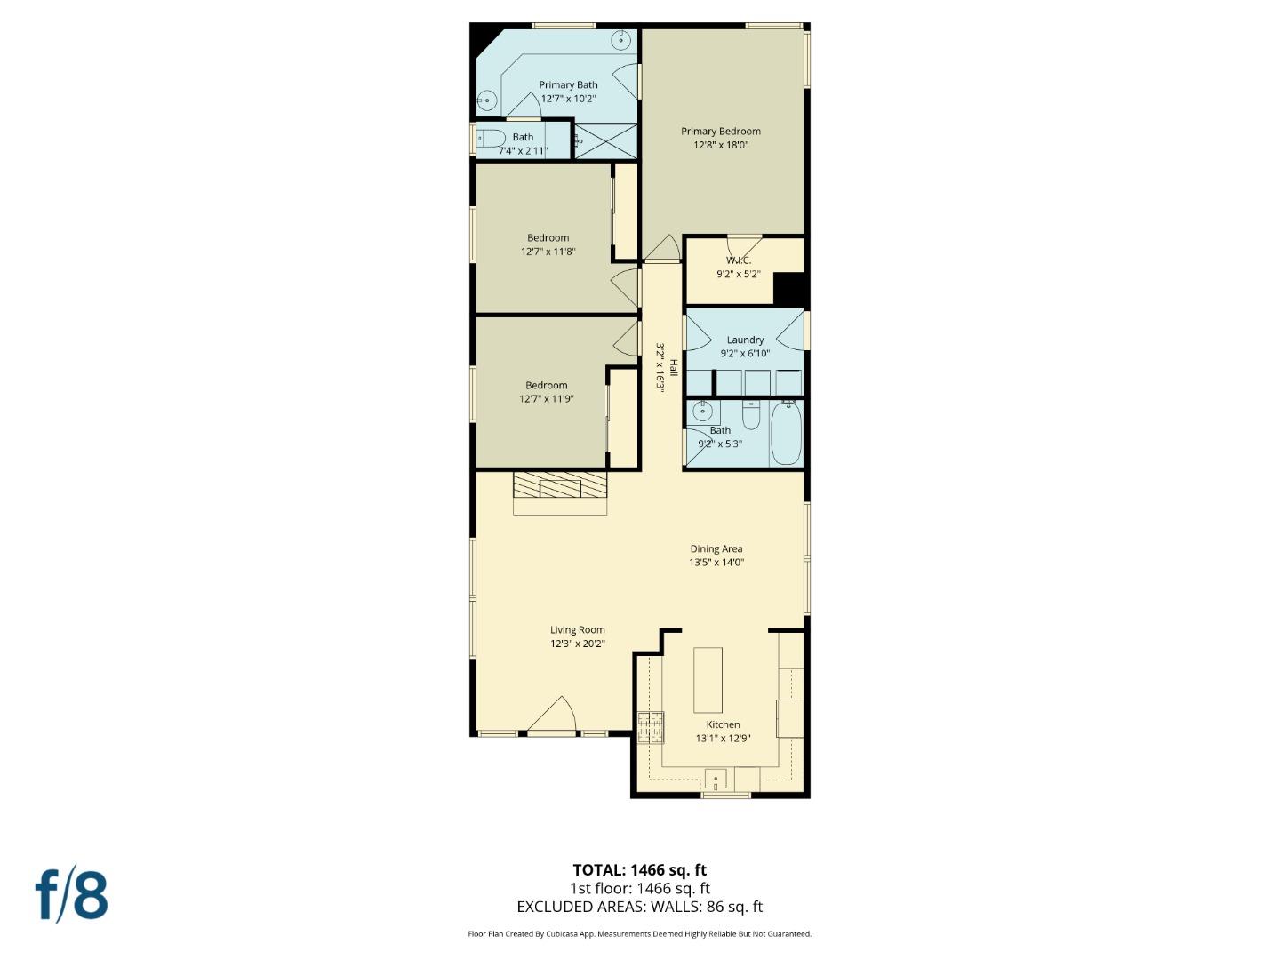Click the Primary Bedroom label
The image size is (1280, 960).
click(x=720, y=132)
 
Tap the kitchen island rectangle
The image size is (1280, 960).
click(x=708, y=680)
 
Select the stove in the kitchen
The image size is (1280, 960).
click(x=651, y=727)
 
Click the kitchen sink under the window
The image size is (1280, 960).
click(x=716, y=780)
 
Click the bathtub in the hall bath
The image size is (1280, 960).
click(x=786, y=433)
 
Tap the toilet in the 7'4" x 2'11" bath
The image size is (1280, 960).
click(x=491, y=139)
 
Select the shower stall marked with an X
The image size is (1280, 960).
click(x=605, y=141)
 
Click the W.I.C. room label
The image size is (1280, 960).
click(x=738, y=260)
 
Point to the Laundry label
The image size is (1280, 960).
click(x=745, y=340)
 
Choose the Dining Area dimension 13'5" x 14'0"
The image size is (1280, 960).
click(x=716, y=563)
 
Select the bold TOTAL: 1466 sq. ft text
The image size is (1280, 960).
click(x=639, y=870)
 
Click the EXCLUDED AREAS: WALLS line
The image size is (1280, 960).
click(x=639, y=907)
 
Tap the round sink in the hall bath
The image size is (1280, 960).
click(x=703, y=411)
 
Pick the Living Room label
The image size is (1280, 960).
click(x=577, y=630)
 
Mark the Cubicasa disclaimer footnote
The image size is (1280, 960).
click(x=639, y=934)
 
